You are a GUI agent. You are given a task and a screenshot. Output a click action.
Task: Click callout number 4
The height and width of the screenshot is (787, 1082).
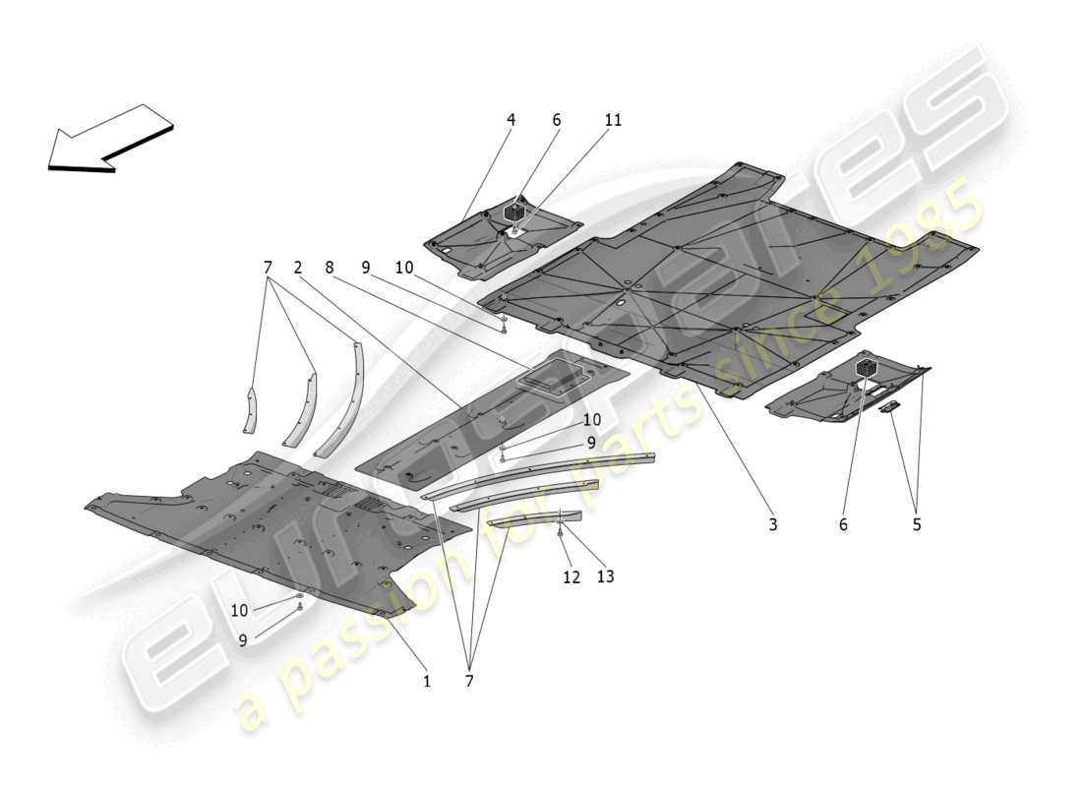(511, 120)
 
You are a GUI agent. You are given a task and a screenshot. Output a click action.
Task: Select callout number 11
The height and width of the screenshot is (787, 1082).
(613, 120)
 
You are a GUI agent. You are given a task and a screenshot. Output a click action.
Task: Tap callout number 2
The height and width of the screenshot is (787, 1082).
(297, 268)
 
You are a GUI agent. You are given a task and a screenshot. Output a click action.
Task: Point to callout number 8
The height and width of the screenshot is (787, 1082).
(329, 268)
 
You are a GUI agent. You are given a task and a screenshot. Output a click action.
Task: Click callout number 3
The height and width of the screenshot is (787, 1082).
(773, 524)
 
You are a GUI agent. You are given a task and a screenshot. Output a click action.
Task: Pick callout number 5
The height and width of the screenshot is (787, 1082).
(917, 524)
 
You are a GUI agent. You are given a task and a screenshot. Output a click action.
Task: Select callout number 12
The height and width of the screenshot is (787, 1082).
(571, 577)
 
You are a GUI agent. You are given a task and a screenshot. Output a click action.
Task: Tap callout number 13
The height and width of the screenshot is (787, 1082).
(605, 577)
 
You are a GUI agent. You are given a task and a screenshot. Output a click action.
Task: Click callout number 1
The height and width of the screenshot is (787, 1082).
(427, 680)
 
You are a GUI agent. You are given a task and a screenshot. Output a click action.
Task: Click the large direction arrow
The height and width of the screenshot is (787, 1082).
(108, 140)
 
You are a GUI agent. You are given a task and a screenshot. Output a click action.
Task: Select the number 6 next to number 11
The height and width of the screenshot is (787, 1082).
(557, 120)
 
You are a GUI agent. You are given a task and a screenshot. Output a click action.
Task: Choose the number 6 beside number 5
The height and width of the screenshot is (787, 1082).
(843, 524)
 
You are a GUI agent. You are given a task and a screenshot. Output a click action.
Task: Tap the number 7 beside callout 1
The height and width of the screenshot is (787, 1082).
(469, 680)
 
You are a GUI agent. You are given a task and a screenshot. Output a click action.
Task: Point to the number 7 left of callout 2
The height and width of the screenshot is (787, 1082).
(267, 268)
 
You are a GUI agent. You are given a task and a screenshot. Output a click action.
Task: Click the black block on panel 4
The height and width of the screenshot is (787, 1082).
(513, 212)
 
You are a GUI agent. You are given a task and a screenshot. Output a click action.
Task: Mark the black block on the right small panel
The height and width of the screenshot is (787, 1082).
(867, 367)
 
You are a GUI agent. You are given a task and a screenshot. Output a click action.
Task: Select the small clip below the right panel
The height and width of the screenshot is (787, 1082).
(889, 406)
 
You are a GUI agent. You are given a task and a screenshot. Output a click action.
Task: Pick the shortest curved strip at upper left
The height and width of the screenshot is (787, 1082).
(251, 409)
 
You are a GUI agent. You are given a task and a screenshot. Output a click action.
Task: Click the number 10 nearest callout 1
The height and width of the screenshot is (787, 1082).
(239, 611)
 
